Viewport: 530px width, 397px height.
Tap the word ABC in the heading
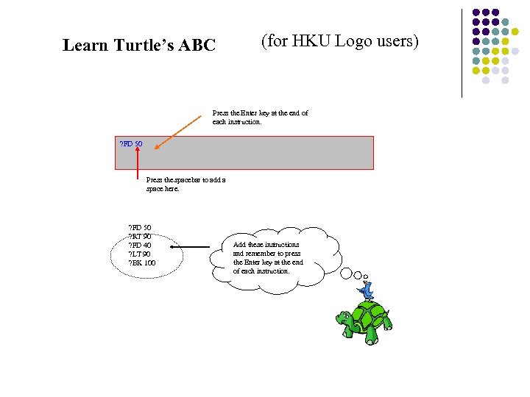[197, 46]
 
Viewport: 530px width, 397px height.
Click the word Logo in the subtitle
[353, 41]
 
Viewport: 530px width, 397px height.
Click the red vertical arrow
[138, 163]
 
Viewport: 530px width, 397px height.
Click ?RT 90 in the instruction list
[140, 236]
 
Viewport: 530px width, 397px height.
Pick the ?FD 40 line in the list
[140, 245]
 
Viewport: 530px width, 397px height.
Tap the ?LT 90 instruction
[140, 254]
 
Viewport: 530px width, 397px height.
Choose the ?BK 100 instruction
[142, 262]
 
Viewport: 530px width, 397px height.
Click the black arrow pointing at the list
[199, 248]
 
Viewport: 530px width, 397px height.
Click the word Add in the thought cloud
[239, 244]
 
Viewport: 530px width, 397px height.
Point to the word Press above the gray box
[220, 113]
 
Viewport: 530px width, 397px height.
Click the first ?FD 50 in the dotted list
[140, 227]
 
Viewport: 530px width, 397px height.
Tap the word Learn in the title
[85, 46]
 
